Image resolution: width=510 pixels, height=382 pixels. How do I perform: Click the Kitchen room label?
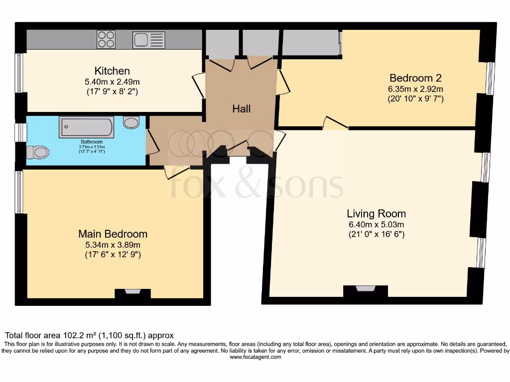click(112, 71)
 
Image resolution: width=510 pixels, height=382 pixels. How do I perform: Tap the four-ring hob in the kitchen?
click(106, 39)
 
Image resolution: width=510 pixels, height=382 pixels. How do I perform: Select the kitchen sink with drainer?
click(148, 39)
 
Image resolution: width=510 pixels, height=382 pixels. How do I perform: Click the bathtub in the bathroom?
click(86, 127)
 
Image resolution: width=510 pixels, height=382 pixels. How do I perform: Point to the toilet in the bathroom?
click(38, 152)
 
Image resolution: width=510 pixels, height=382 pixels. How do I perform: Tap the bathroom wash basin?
click(131, 122)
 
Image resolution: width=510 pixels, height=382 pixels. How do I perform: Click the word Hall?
click(241, 109)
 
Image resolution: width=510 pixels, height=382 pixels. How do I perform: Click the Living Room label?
click(376, 214)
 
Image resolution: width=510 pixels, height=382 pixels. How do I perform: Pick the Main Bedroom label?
click(113, 234)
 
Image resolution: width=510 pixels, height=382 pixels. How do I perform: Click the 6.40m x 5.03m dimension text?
click(376, 224)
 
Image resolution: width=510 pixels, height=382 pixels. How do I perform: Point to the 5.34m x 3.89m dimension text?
click(113, 245)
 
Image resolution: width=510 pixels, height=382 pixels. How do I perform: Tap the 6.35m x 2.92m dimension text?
click(415, 89)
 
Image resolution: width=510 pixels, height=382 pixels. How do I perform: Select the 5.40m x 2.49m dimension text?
click(112, 81)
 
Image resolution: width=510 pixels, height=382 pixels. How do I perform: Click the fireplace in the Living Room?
click(366, 289)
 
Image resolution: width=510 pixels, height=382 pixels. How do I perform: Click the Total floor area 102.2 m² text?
click(90, 336)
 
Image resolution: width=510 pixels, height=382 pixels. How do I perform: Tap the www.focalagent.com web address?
click(255, 357)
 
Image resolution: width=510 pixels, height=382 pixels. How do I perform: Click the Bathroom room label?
click(92, 142)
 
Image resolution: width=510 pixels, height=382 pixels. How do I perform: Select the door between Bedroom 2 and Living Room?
click(335, 124)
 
